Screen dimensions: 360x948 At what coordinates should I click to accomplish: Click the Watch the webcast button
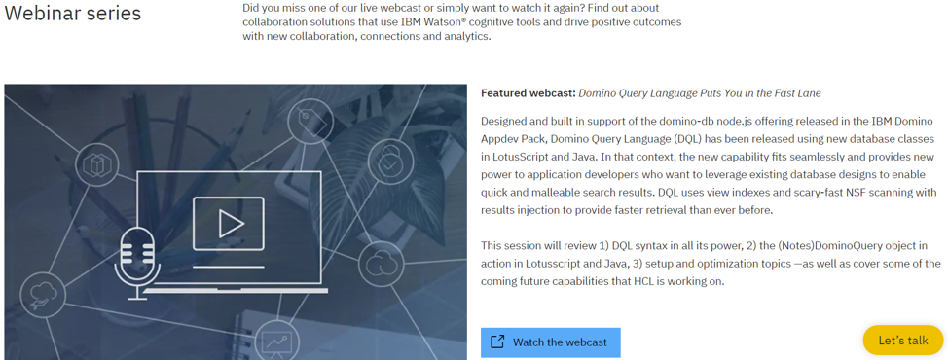[550, 342]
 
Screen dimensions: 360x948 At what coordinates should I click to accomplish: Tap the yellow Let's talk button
[902, 340]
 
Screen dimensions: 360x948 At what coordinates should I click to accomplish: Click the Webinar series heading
[73, 14]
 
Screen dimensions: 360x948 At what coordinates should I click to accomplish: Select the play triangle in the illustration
[230, 224]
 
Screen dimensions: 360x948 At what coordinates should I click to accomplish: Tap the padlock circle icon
[390, 162]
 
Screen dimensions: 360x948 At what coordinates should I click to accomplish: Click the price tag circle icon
[310, 122]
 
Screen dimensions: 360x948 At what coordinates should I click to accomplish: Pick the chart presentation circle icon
[275, 342]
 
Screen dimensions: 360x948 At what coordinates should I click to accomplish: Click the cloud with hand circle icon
[43, 294]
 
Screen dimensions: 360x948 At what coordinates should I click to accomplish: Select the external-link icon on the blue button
[497, 342]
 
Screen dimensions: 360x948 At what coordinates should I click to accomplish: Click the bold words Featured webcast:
[528, 93]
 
